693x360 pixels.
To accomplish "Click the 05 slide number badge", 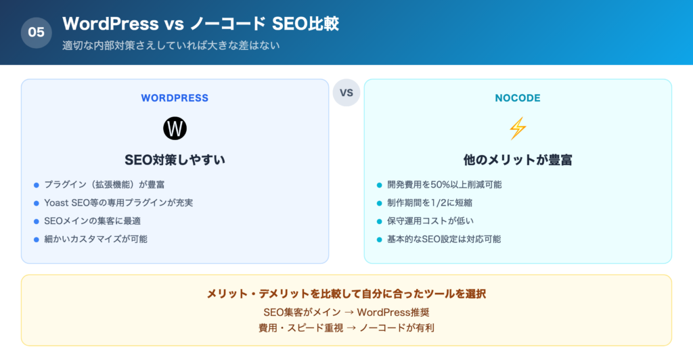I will (x=37, y=32).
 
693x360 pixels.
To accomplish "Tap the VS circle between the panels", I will (x=346, y=93).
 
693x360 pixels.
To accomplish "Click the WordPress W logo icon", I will (x=175, y=129).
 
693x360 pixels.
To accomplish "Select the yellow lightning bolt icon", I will (x=518, y=129).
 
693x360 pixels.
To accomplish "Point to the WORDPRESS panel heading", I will (x=175, y=98).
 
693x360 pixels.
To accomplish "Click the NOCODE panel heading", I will (x=518, y=98).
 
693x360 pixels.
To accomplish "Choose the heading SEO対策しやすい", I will (x=175, y=160).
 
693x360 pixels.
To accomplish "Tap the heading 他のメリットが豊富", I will (x=518, y=160).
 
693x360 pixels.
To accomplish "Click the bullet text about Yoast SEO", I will (x=118, y=202).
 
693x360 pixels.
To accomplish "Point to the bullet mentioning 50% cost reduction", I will (x=444, y=184).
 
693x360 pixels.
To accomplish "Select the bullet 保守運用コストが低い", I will (x=430, y=221).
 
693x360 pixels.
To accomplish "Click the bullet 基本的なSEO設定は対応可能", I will (x=444, y=239).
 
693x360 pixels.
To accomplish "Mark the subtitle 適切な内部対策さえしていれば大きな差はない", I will (x=171, y=46).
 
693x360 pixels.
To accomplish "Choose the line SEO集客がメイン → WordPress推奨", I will (x=346, y=313).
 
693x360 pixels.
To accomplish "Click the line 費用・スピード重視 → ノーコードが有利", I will (x=346, y=328).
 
